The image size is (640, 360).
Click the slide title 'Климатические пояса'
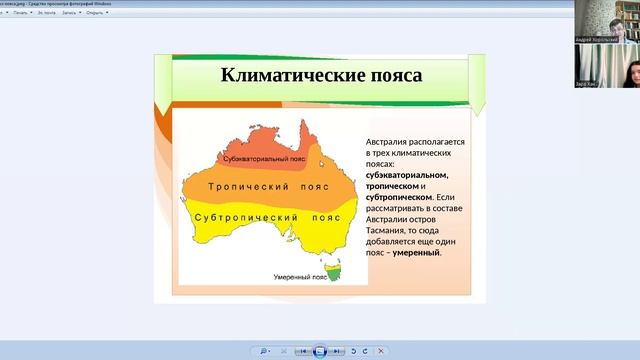(x=320, y=76)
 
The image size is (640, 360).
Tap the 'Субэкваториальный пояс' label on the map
(x=264, y=159)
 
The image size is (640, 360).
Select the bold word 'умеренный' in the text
(x=416, y=253)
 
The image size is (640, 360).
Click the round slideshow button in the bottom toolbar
(x=320, y=351)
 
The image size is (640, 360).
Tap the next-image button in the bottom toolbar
(x=337, y=351)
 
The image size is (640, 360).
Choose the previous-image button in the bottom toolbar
(x=303, y=351)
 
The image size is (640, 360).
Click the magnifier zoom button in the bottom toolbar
(x=264, y=351)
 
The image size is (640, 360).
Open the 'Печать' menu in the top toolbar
(x=20, y=13)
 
